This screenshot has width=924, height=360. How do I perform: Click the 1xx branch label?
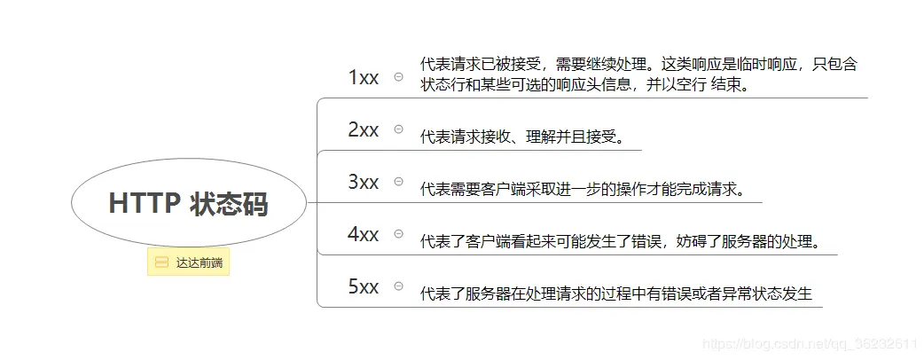(364, 77)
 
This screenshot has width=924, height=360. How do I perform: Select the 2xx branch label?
(364, 129)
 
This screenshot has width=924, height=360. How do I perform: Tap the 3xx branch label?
(364, 182)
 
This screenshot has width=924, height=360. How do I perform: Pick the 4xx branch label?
(364, 234)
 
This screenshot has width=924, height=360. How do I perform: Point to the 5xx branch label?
(364, 286)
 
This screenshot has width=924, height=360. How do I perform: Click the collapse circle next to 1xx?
(398, 77)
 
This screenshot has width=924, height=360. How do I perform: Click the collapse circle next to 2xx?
(398, 129)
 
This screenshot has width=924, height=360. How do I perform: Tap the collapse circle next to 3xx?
(398, 182)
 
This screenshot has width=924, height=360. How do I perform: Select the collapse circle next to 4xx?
(398, 234)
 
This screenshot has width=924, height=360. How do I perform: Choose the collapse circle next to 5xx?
(398, 286)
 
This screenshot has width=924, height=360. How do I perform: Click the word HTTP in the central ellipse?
(144, 204)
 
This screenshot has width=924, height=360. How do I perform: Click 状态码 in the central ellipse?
(229, 204)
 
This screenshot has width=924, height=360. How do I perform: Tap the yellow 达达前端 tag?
(188, 262)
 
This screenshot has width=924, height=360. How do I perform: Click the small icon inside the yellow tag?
(161, 262)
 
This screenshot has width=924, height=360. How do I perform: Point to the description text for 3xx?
(583, 189)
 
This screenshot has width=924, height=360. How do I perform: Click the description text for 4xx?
(620, 241)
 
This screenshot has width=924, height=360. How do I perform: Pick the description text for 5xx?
(615, 293)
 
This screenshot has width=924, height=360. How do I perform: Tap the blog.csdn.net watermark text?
(808, 342)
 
